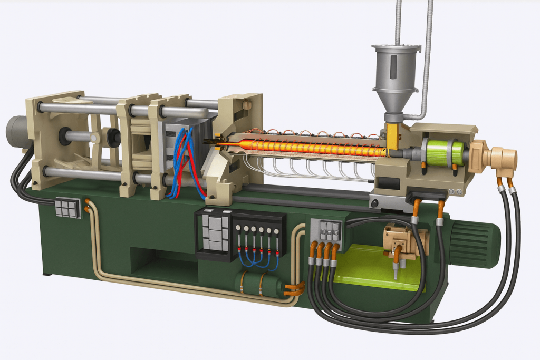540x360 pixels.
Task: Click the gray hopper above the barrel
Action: tap(395, 74)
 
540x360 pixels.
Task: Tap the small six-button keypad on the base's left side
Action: tap(68, 208)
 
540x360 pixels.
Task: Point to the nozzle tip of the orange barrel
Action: tap(211, 142)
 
